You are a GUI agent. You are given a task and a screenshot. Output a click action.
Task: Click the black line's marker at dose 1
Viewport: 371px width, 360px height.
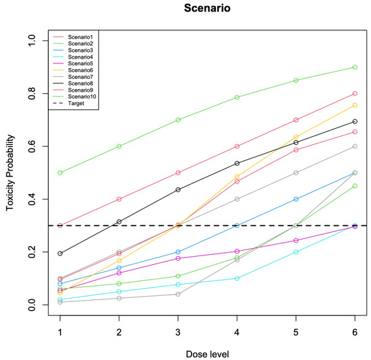pyautogui.click(x=60, y=253)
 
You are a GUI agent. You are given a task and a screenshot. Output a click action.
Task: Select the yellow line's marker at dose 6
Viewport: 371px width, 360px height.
pyautogui.click(x=355, y=105)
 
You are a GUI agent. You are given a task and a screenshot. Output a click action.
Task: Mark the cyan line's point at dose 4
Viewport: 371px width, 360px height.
pyautogui.click(x=237, y=278)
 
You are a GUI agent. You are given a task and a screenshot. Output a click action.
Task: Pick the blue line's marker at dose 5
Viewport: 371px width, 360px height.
pyautogui.click(x=296, y=199)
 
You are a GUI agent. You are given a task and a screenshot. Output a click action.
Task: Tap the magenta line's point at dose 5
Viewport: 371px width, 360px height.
pyautogui.click(x=296, y=241)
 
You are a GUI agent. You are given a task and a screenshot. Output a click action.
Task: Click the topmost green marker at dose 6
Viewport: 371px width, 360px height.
pyautogui.click(x=355, y=67)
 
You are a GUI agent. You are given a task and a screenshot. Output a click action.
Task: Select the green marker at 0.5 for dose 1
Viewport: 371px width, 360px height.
pyautogui.click(x=60, y=173)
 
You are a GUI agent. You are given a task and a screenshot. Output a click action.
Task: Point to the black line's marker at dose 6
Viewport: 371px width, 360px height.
pyautogui.click(x=355, y=121)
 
